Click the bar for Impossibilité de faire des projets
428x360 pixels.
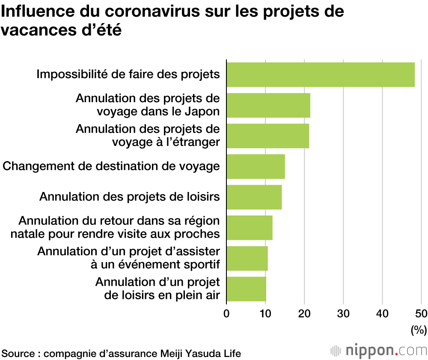(320, 75)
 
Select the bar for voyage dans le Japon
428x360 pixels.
(268, 105)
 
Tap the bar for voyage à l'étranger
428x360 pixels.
(267, 136)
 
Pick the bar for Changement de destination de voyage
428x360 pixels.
(256, 166)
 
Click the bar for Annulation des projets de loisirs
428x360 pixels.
(254, 197)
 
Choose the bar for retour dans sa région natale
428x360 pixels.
(249, 228)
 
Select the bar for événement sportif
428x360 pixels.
(247, 258)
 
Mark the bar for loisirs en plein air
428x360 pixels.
(246, 289)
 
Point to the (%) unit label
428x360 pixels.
(419, 330)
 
